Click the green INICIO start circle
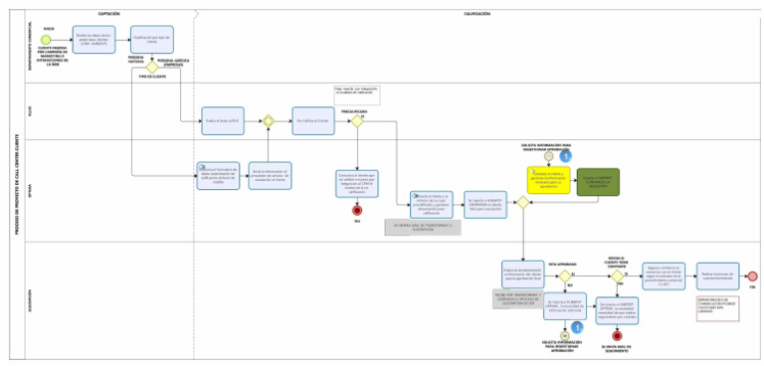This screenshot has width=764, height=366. tap(48, 38)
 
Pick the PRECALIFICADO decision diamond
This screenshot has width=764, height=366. tap(355, 120)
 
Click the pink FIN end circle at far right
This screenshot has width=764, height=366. tap(752, 276)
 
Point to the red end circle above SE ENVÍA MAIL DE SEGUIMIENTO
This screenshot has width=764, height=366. tap(617, 336)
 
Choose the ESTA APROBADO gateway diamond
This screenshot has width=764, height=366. tap(564, 276)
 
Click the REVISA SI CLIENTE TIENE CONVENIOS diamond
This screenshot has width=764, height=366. tap(617, 276)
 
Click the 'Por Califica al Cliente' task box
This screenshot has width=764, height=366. tap(311, 120)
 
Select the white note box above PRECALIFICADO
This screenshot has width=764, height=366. tap(356, 94)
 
